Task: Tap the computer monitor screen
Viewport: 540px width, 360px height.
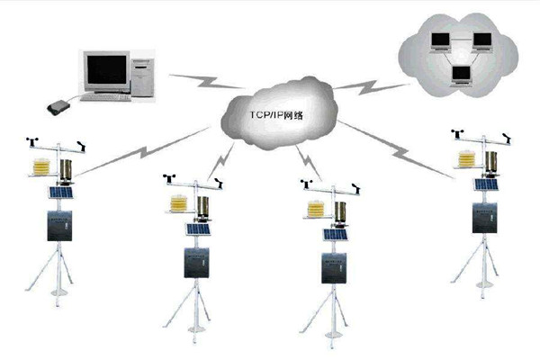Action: coord(106,67)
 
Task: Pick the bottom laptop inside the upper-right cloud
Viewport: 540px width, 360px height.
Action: coord(462,76)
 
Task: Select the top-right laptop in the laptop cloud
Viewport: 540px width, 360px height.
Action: coord(482,40)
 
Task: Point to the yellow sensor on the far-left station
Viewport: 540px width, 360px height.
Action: coord(41,166)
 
